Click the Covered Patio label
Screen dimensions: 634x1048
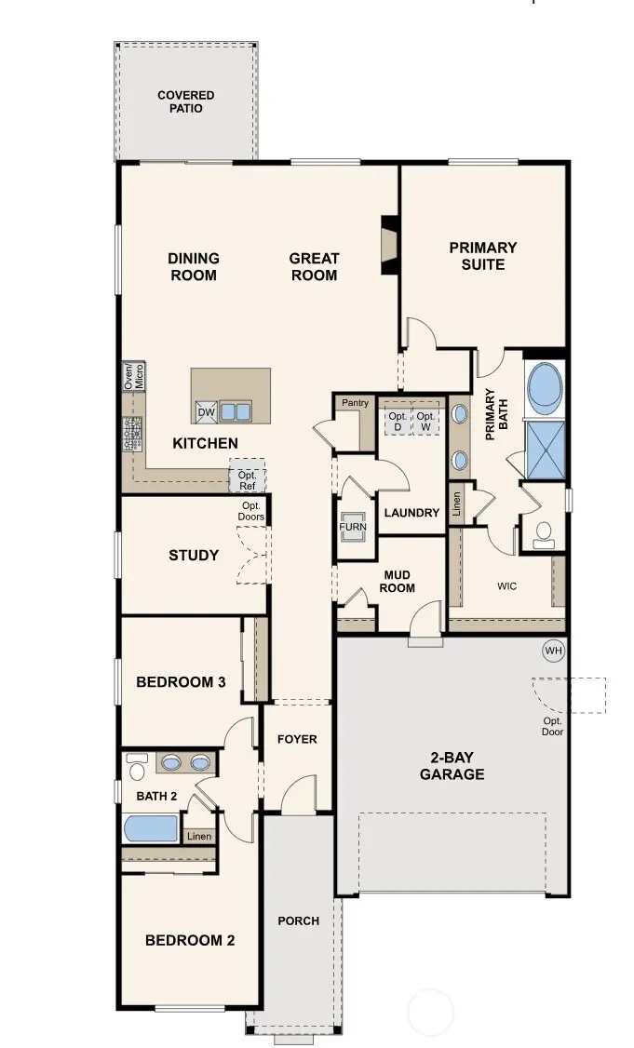click(186, 101)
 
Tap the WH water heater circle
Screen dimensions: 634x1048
click(554, 651)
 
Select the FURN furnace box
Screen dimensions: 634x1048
click(353, 526)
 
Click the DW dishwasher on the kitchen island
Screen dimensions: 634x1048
click(206, 411)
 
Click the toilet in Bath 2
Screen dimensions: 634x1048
click(137, 767)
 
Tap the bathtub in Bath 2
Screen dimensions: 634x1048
click(151, 828)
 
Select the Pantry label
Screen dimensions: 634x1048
click(355, 402)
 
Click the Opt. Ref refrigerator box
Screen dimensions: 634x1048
click(248, 476)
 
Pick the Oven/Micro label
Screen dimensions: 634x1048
click(134, 377)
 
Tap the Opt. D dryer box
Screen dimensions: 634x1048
click(398, 421)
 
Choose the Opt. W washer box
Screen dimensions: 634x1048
click(426, 421)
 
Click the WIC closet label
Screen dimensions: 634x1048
click(507, 586)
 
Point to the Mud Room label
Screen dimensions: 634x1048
click(398, 582)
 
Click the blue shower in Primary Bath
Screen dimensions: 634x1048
click(546, 450)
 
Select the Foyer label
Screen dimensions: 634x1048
click(297, 739)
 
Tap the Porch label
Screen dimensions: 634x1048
click(298, 921)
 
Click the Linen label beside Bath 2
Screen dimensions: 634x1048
click(199, 836)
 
